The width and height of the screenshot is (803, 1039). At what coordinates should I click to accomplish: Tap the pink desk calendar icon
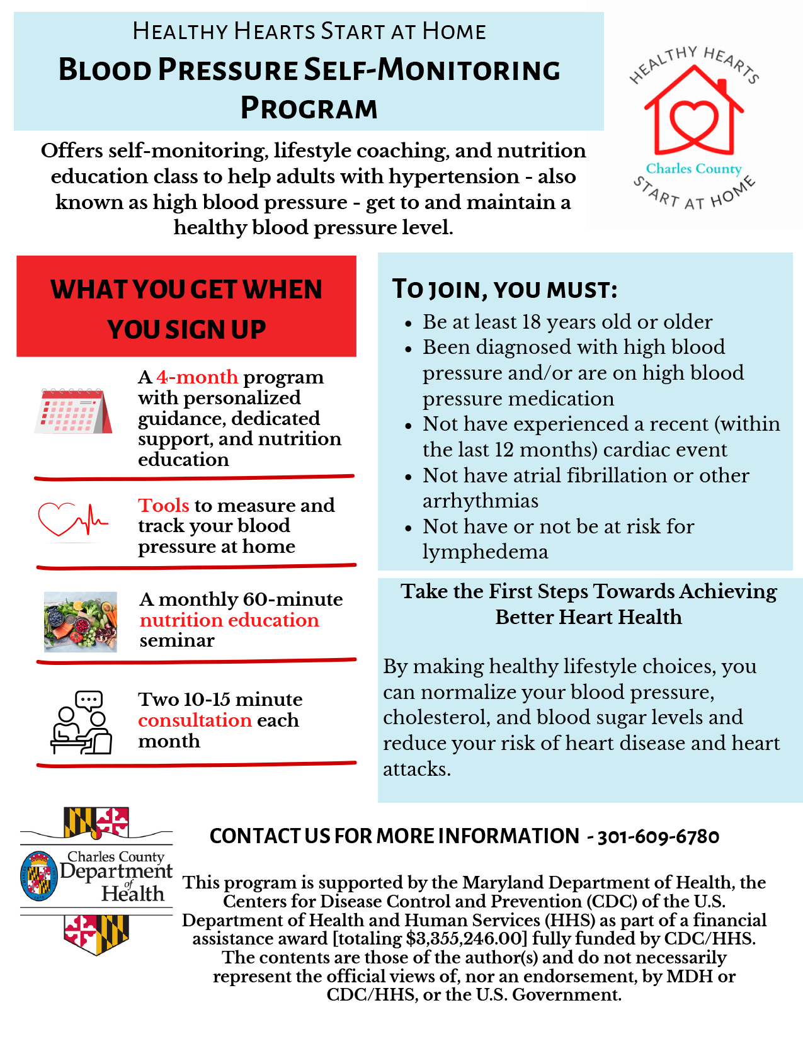pos(73,411)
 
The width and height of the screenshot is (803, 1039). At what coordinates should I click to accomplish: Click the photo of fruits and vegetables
pos(80,621)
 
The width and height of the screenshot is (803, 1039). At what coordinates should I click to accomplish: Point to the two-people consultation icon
pos(81,722)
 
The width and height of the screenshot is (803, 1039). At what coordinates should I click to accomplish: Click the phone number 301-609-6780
pos(658,836)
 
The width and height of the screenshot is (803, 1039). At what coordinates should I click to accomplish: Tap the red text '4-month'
pos(197,377)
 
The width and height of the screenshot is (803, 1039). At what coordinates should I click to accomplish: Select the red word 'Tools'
pos(164,505)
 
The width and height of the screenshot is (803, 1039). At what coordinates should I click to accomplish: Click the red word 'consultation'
pos(195,720)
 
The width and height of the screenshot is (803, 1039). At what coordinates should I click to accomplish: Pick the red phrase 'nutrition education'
pos(229,620)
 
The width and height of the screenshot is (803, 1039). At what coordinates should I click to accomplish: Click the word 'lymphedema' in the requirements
pos(485,552)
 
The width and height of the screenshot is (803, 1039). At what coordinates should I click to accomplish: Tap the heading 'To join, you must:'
pos(504,289)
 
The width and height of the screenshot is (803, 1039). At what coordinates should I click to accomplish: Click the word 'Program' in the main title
pos(309,108)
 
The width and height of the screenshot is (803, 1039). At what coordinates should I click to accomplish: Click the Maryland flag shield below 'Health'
pos(96,934)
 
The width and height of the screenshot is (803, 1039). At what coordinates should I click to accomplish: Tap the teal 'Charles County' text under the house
pos(693,169)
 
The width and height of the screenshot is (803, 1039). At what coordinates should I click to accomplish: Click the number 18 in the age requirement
pos(531,322)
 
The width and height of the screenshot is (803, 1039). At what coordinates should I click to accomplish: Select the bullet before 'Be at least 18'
pos(408,324)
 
